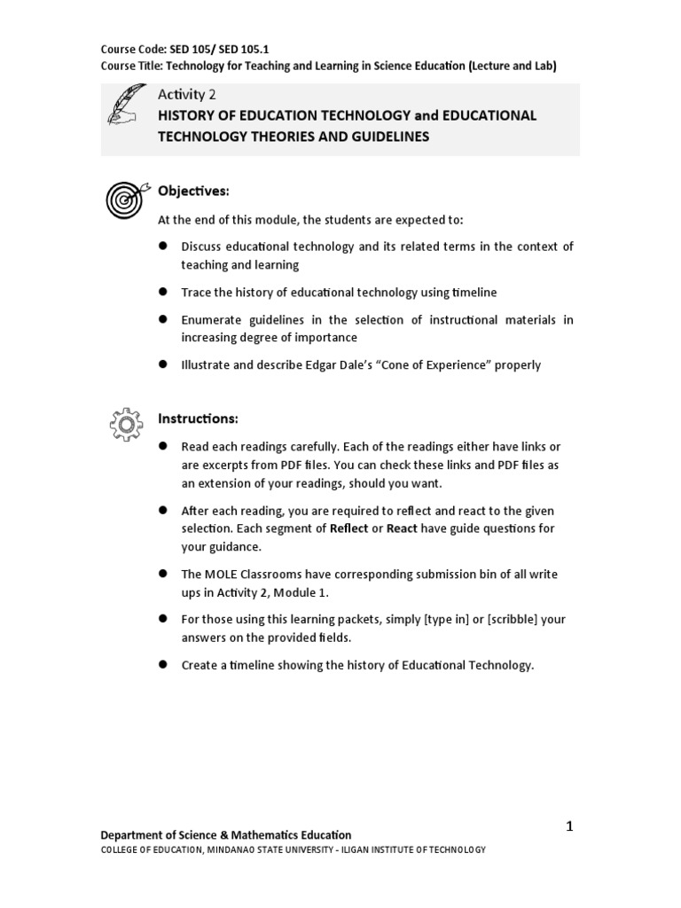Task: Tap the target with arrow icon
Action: coord(125,199)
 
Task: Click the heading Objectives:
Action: coord(193,191)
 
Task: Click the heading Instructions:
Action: coord(198,418)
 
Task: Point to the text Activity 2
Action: coord(186,93)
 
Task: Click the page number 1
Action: coord(570,826)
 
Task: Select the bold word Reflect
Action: coord(348,528)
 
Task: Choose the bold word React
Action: coord(403,528)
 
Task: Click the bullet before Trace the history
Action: coord(163,292)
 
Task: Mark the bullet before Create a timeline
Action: coord(163,664)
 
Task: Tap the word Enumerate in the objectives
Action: coord(209,319)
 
